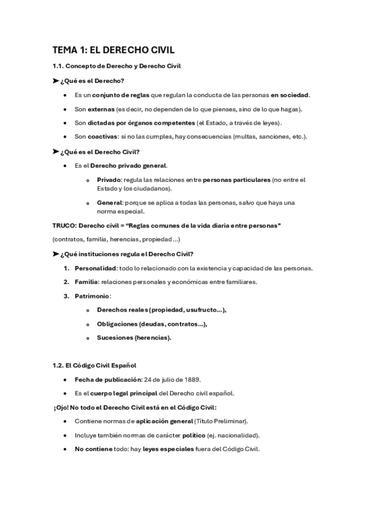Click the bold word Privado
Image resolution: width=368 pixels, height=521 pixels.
tap(109, 179)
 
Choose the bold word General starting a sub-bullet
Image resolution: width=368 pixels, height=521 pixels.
tap(109, 202)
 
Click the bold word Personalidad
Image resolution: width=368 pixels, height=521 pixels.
tap(95, 268)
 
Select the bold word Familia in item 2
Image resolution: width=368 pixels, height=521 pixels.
tap(86, 282)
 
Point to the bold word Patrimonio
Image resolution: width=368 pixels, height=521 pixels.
tap(92, 296)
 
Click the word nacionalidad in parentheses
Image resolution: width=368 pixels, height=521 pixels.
tap(237, 434)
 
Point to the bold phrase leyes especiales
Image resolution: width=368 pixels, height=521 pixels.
tap(167, 449)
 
